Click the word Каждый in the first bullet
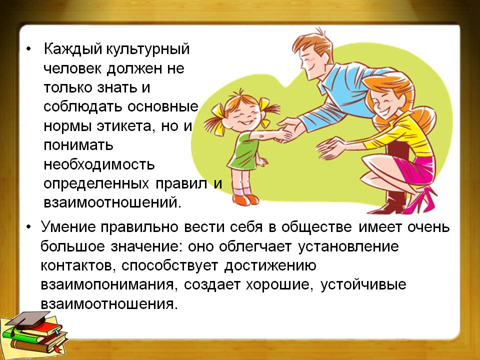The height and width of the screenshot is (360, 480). pos(72,49)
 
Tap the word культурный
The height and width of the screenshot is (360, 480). pos(147,49)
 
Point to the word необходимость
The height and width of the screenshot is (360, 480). pos(99,164)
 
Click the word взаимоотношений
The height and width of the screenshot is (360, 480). pos(112,202)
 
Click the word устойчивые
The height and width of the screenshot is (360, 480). pos(363,285)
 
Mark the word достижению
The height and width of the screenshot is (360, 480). pos(269,265)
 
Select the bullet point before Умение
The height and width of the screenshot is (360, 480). pos(29,227)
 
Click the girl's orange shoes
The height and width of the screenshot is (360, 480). pos(245,200)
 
